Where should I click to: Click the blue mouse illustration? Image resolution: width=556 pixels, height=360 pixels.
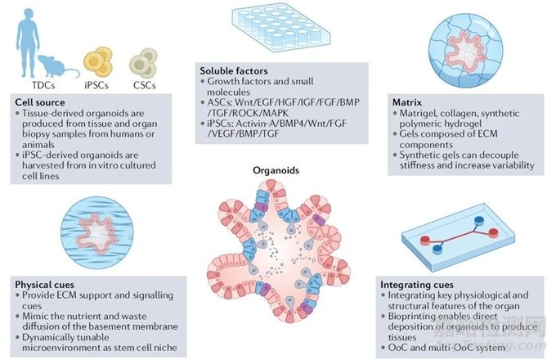click(56, 66)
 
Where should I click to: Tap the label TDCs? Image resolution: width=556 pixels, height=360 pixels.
click(43, 85)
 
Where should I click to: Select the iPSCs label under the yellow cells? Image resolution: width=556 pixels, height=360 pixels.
click(96, 85)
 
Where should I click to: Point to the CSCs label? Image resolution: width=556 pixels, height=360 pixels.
click(145, 85)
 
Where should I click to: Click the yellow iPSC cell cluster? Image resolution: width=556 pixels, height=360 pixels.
click(98, 61)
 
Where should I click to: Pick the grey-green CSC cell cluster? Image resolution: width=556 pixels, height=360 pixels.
click(144, 63)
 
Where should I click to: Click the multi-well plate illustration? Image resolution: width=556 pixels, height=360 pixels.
click(281, 29)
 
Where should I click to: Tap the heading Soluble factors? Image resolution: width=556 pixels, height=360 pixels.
click(234, 71)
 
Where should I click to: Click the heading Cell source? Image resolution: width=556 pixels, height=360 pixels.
click(40, 102)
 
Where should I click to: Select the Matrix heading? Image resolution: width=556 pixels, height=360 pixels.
click(407, 102)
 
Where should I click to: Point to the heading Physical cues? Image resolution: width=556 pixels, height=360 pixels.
click(45, 285)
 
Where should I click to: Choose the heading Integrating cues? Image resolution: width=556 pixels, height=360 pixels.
click(417, 285)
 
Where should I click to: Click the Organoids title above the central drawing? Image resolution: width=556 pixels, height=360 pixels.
click(276, 171)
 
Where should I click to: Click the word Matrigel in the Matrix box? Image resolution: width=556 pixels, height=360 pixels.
click(417, 114)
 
